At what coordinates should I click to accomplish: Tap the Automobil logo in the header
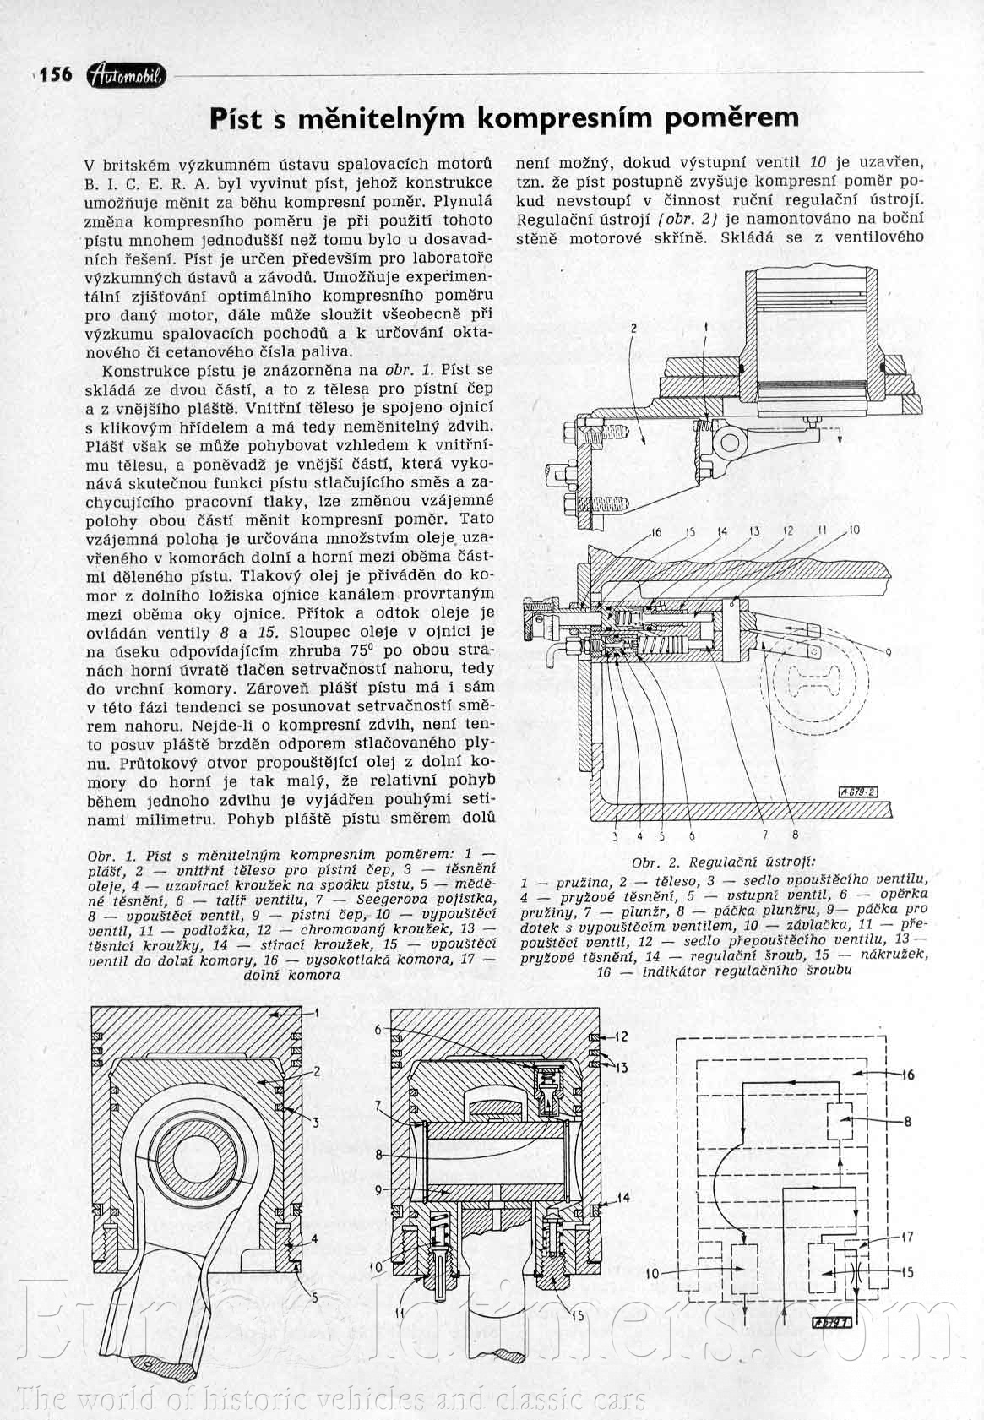pos(126,76)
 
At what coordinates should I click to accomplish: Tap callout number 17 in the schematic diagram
pos(906,1237)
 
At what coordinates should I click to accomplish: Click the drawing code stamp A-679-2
pos(856,792)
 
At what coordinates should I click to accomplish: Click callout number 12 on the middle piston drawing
pos(622,1036)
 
